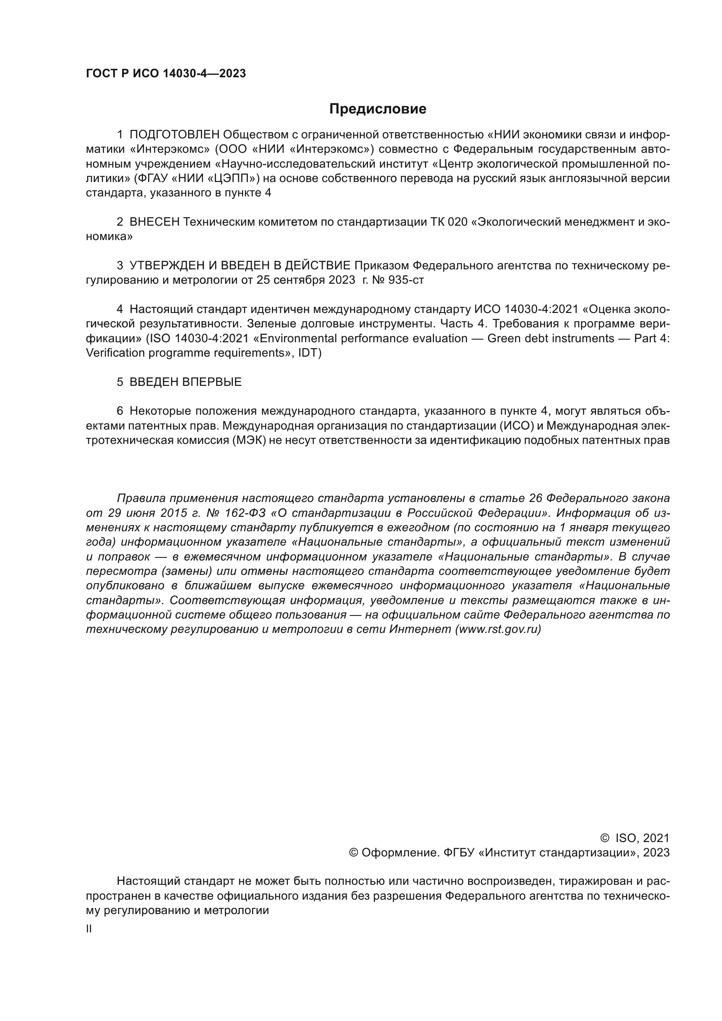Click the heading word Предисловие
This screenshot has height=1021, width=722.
pos(378,109)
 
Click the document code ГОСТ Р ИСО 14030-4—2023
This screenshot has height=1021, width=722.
pos(166,74)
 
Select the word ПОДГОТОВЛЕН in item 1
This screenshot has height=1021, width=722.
pos(175,135)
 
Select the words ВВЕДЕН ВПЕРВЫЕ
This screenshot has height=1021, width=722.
pos(186,382)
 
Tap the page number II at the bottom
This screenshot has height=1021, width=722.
pos(89,928)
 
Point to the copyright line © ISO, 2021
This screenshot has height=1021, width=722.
pos(635,838)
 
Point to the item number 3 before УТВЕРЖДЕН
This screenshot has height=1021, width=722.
pos(120,266)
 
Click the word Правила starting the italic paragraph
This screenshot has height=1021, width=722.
pos(140,498)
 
